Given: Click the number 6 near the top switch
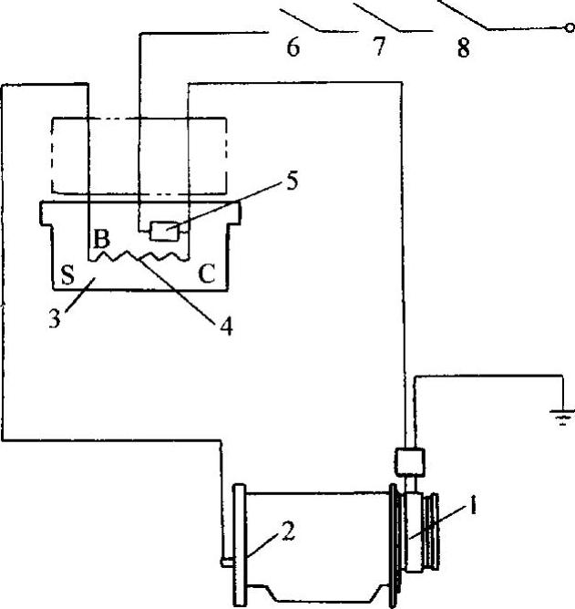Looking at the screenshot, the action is point(293,47).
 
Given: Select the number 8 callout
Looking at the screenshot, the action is point(464,47).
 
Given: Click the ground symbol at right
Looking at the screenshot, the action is point(558,417).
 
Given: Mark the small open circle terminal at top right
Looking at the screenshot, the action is point(570,29).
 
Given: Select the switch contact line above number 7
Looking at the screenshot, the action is point(382,18).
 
